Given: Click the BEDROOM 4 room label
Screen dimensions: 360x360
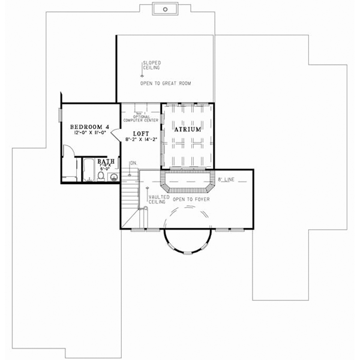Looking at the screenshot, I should (x=89, y=127).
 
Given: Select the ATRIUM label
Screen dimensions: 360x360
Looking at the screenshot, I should (x=188, y=129).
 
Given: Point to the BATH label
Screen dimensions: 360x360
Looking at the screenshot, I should (x=106, y=161).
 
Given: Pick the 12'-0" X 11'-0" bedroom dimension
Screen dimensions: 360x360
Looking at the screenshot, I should (x=89, y=133).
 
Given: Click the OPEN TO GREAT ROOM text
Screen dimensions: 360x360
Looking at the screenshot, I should (x=166, y=83).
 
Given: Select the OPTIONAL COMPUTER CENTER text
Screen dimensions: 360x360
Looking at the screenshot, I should (x=140, y=119).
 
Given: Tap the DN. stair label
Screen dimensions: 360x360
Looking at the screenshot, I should (x=133, y=163).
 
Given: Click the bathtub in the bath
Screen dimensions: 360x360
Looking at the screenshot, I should (x=88, y=170).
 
